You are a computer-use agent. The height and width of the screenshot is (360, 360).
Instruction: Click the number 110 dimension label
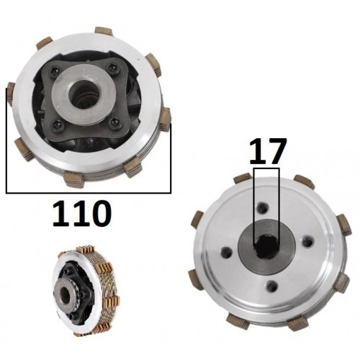82,214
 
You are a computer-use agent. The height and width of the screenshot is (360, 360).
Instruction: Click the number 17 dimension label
268,151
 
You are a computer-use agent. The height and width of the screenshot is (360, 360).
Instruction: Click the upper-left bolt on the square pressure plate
54,71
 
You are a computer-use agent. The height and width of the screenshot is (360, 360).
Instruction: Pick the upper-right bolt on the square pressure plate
114,68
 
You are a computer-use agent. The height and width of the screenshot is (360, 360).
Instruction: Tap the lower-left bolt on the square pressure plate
56,124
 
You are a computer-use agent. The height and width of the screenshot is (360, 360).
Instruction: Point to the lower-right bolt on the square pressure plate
113,123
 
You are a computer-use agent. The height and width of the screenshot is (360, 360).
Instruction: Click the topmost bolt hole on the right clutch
263,207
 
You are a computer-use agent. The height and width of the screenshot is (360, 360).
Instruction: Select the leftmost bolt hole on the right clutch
227,251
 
